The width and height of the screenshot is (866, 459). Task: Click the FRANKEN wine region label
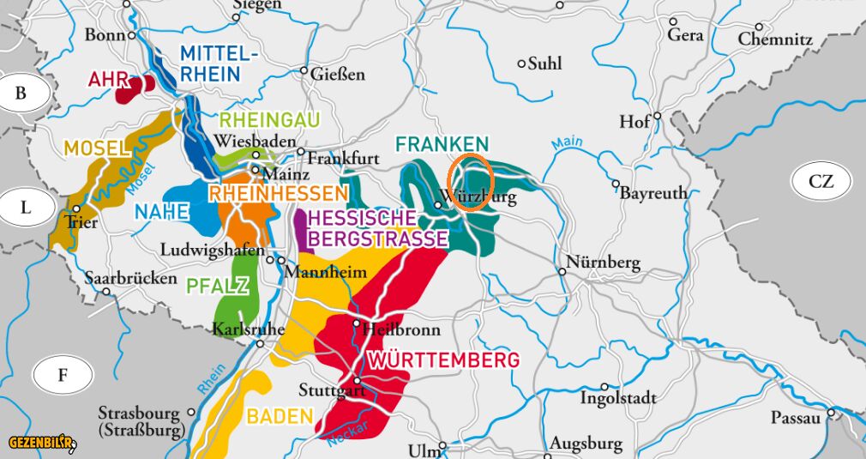(442, 144)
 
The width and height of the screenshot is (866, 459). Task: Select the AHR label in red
(108, 80)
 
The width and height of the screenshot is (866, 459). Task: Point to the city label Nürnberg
(604, 263)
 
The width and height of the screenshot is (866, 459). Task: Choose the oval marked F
(62, 375)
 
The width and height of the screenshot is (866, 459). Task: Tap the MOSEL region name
(95, 148)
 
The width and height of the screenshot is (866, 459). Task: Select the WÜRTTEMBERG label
(443, 359)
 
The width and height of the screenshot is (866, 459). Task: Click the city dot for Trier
(76, 208)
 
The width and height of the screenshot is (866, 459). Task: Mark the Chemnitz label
(774, 39)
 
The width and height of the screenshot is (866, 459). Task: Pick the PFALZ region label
(214, 286)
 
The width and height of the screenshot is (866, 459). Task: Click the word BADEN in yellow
(280, 417)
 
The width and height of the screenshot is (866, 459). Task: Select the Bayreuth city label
(653, 193)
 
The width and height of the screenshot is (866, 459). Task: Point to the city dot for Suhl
(521, 63)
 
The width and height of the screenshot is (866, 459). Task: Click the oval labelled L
(26, 207)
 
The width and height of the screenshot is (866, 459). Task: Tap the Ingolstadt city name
(618, 398)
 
